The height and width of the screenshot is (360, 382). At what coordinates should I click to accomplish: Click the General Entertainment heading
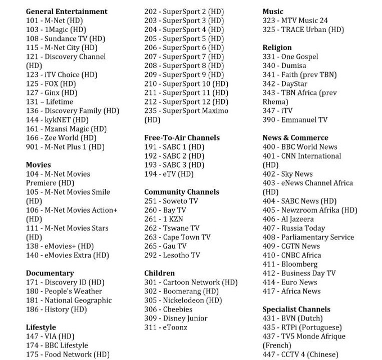[x=67, y=11]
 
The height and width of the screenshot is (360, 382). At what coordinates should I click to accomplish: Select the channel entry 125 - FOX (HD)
[x=51, y=83]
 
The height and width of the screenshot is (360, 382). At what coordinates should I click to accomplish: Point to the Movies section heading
[x=39, y=164]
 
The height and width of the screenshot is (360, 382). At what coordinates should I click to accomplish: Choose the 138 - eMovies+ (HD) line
[x=60, y=246]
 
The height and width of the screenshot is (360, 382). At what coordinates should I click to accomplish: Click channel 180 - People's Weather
[x=64, y=291]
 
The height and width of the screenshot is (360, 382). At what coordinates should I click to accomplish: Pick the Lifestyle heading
[x=41, y=327]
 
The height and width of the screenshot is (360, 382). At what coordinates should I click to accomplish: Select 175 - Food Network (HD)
[x=68, y=354]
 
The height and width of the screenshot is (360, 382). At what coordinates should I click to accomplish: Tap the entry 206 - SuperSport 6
[x=184, y=47]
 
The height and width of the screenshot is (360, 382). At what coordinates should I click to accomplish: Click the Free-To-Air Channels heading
[x=182, y=137]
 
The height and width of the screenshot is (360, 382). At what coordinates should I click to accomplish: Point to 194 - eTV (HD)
[x=169, y=174]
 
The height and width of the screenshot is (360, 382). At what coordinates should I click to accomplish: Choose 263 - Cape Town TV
[x=177, y=237]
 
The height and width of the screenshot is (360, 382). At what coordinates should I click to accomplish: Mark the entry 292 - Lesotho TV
[x=172, y=255]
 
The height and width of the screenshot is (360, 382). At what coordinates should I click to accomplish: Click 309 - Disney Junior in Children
[x=176, y=318]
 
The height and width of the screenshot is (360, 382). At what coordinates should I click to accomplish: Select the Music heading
[x=273, y=11]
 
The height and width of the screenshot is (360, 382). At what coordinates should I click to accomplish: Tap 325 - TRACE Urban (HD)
[x=303, y=29]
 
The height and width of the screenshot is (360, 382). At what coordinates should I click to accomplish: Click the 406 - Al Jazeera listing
[x=288, y=219]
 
